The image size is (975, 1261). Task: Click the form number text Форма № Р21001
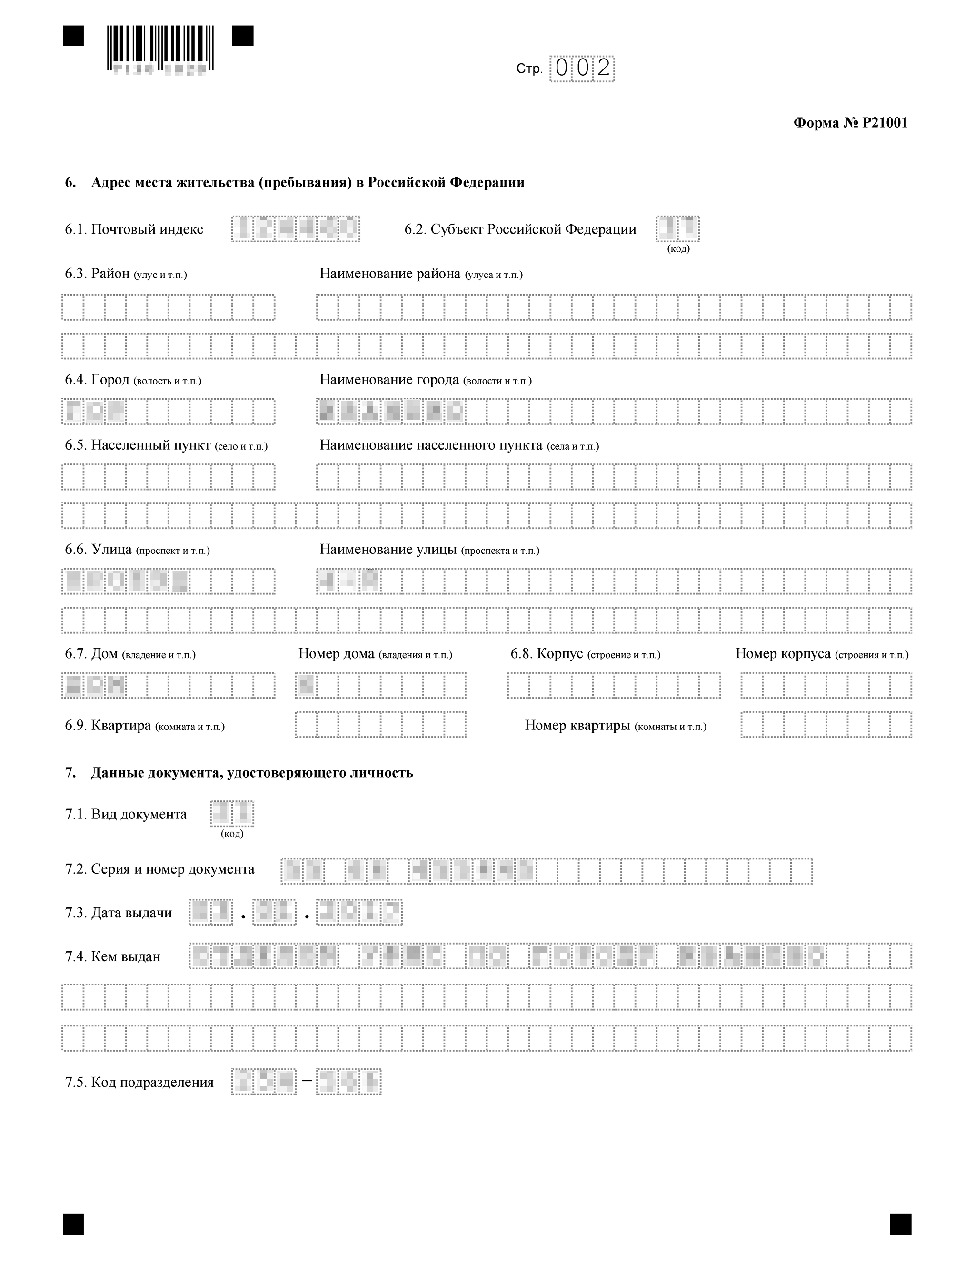[x=850, y=123]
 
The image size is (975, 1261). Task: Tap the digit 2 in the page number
[x=604, y=69]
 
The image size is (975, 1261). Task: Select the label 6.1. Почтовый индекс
[x=134, y=229]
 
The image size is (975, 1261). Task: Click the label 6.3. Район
[x=126, y=274]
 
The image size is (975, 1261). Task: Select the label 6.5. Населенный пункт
[x=166, y=445]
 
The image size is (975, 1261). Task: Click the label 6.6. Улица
[x=138, y=550]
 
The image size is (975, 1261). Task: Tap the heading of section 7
[x=239, y=772]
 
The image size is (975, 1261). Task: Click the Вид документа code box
[x=232, y=814]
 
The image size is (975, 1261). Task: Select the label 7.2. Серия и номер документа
[x=159, y=869]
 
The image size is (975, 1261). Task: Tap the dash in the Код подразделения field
[x=307, y=1082]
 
